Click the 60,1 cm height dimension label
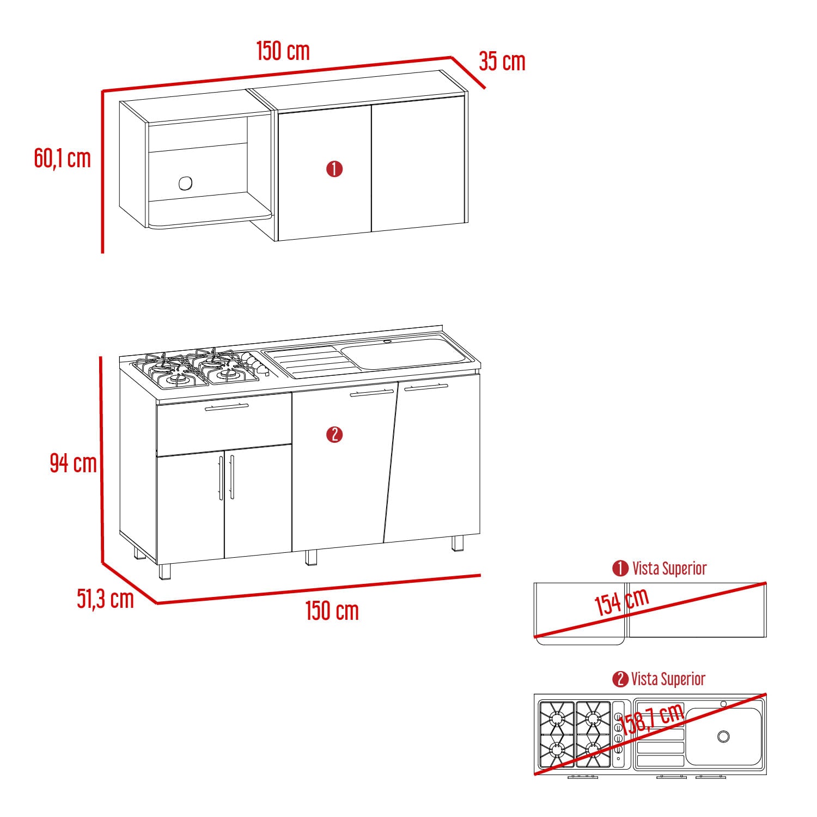62,158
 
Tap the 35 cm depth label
502,61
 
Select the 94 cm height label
73,463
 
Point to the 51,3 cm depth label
105,599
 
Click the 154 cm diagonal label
621,602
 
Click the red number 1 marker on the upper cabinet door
334,169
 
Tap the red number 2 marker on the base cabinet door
334,435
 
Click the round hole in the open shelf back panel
185,184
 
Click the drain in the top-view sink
723,736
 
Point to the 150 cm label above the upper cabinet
283,51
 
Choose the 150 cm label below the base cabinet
332,611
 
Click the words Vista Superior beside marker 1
669,569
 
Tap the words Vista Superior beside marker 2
668,679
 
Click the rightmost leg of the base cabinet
458,543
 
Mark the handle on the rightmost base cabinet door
426,387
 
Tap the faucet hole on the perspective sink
387,342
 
